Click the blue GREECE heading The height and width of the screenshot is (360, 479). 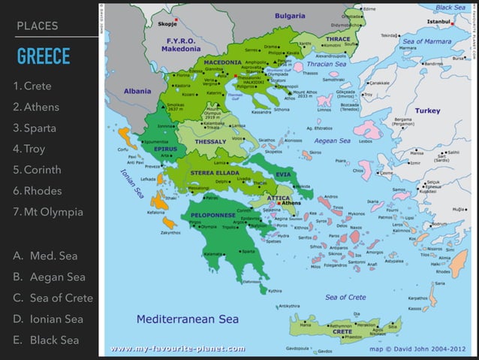pyautogui.click(x=43, y=56)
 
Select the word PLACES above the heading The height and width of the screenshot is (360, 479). pyautogui.click(x=37, y=26)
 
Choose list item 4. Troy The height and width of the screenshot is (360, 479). pyautogui.click(x=29, y=149)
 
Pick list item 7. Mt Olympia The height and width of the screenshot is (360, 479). pyautogui.click(x=48, y=212)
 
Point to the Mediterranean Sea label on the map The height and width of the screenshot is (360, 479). pyautogui.click(x=187, y=319)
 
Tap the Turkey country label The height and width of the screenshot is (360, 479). pyautogui.click(x=428, y=110)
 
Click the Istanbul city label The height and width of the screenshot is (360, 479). pyautogui.click(x=438, y=22)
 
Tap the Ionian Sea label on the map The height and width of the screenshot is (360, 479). pyautogui.click(x=131, y=183)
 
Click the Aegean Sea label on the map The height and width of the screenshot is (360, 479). pyautogui.click(x=333, y=141)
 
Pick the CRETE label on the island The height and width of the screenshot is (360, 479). pyautogui.click(x=342, y=331)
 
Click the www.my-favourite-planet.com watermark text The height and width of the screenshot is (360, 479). pyautogui.click(x=177, y=349)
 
